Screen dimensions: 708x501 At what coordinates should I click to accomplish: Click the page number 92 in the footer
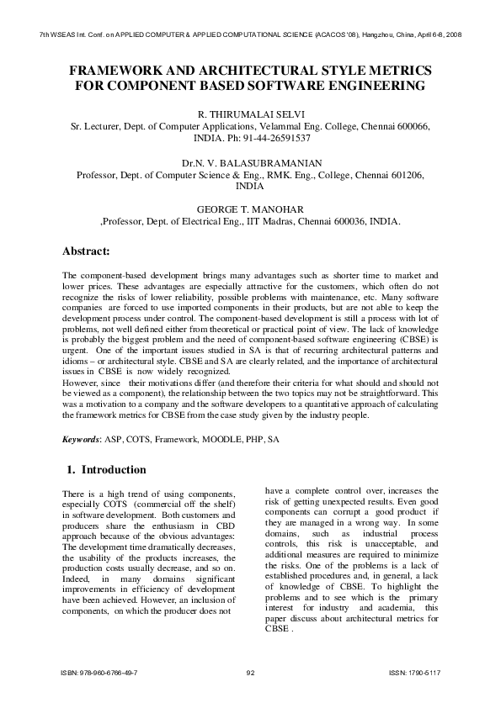point(250,674)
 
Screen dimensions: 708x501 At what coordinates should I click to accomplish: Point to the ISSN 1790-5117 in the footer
point(414,674)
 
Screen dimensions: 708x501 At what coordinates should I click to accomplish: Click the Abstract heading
point(93,251)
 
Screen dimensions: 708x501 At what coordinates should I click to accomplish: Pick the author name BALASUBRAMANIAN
point(274,162)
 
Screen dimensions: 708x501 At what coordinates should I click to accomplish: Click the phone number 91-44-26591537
point(271,137)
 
